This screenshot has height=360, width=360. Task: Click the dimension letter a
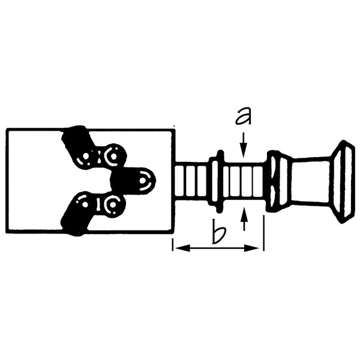[242, 115]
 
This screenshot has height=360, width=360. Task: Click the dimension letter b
[218, 232]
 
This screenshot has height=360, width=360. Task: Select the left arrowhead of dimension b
[177, 247]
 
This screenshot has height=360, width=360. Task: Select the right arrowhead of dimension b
[259, 247]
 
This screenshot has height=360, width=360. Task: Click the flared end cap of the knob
[343, 181]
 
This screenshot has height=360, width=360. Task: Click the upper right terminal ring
[112, 157]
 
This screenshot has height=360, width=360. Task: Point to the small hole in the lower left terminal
[86, 205]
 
